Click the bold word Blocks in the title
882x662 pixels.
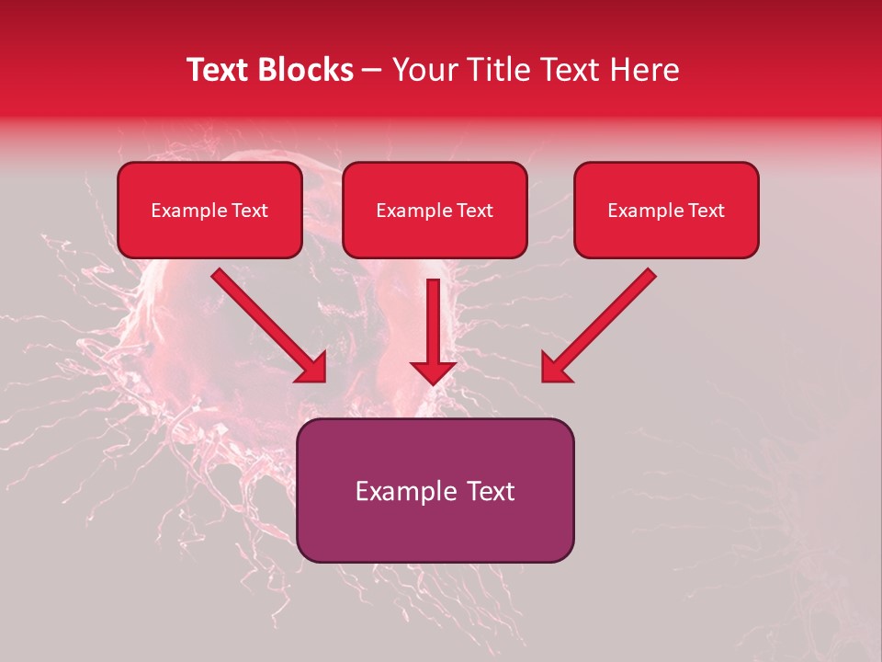[304, 70]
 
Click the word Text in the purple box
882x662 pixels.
[491, 491]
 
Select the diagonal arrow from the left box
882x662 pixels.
[266, 324]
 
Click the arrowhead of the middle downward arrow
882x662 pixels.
[433, 371]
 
